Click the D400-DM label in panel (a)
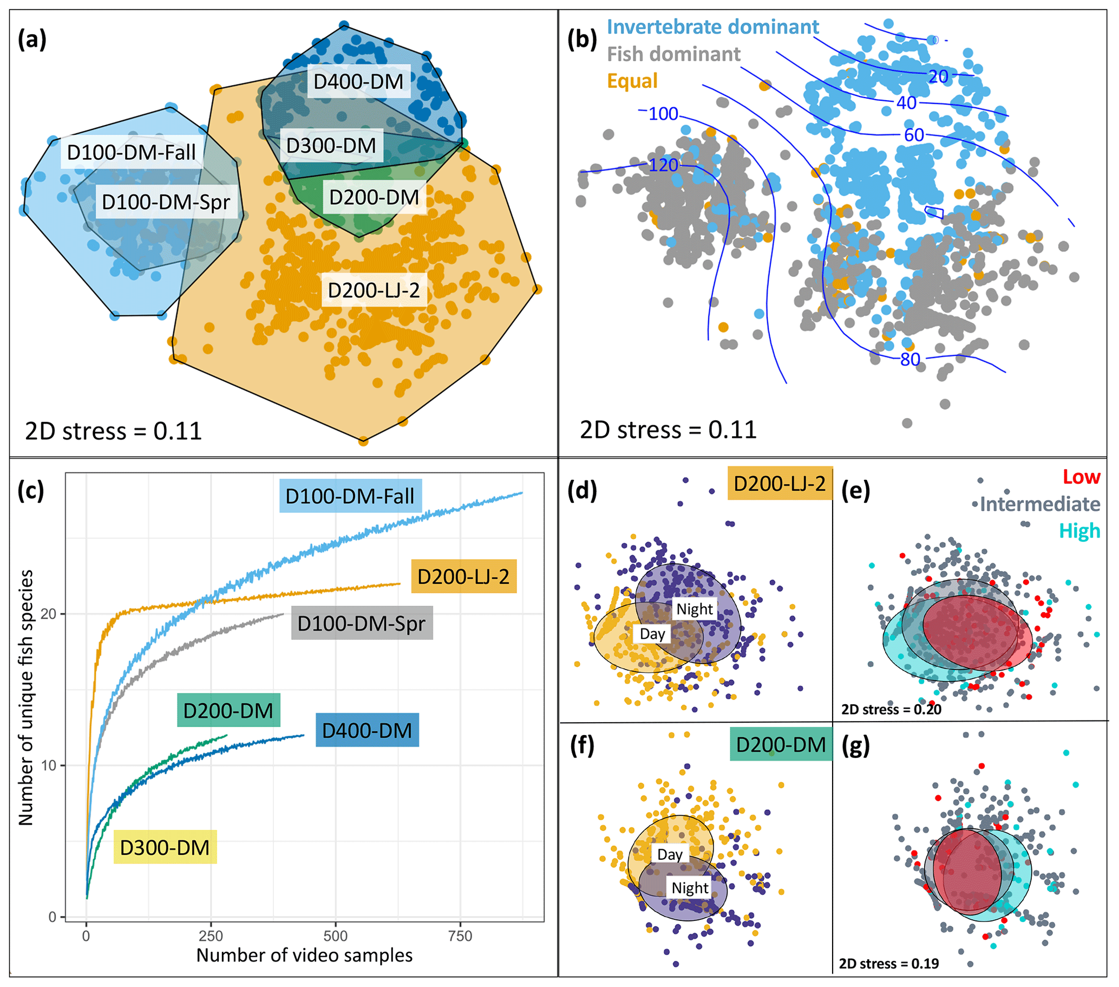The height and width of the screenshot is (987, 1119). click(358, 82)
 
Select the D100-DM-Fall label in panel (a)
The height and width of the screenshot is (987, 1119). click(131, 152)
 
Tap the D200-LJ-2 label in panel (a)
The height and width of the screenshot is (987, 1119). click(374, 290)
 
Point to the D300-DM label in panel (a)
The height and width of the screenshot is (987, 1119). click(331, 146)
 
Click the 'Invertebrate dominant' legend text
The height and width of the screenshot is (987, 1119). click(713, 27)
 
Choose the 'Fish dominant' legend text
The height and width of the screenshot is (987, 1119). click(673, 54)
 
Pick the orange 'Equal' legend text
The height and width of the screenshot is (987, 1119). click(632, 81)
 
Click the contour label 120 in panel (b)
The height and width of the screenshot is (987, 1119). click(663, 165)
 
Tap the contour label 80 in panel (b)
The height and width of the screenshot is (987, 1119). click(910, 359)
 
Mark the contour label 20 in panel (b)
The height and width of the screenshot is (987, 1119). click(938, 77)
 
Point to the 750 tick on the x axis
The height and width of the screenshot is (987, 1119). click(459, 936)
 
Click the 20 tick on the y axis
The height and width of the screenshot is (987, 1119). click(48, 613)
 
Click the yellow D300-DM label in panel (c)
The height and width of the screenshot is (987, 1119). click(165, 847)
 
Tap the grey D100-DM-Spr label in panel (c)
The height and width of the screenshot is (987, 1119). click(361, 624)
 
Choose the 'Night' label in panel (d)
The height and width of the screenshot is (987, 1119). click(694, 609)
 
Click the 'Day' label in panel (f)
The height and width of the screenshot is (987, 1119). click(670, 854)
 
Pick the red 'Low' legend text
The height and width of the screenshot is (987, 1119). click(1081, 477)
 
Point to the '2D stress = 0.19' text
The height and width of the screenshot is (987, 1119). click(888, 963)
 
